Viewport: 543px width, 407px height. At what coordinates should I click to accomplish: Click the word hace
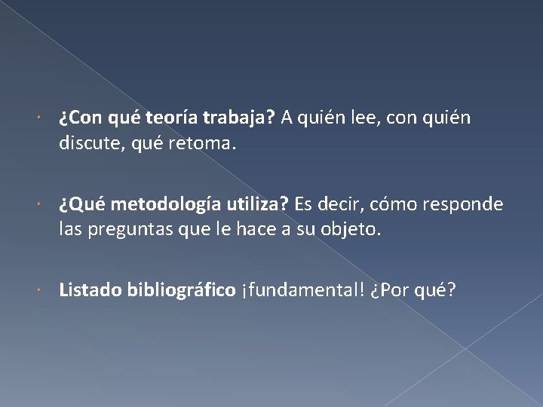point(280,230)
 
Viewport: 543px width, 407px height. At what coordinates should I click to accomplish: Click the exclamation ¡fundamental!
point(300,290)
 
